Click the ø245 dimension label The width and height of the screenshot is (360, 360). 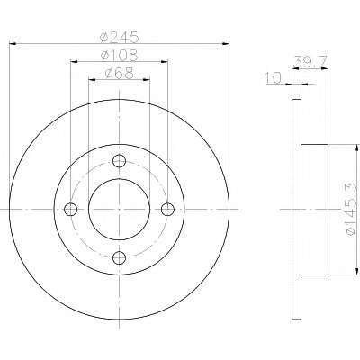point(120,37)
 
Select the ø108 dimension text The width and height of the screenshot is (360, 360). point(120,55)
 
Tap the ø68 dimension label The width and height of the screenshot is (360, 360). point(120,73)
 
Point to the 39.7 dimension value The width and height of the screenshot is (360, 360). point(310,62)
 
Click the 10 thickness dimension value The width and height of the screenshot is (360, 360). point(274,78)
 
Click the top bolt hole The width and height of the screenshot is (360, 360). point(119,161)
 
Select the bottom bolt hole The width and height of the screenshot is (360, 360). point(119,257)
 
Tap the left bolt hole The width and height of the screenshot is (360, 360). point(71,210)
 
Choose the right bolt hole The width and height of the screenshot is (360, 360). point(167,210)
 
